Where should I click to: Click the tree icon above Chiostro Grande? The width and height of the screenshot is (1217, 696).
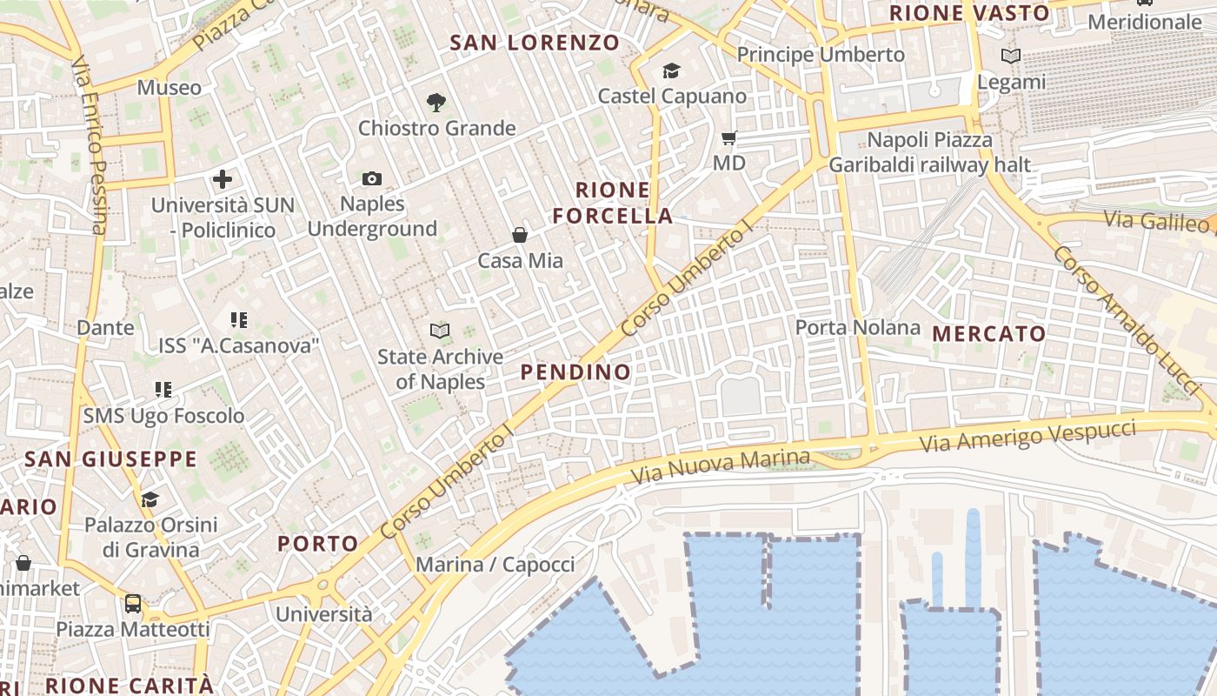click(x=436, y=103)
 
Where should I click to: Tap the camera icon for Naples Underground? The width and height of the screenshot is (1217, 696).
click(x=372, y=178)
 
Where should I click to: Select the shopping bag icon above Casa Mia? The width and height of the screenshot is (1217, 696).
click(x=520, y=235)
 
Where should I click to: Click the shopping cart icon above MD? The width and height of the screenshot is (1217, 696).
click(x=729, y=137)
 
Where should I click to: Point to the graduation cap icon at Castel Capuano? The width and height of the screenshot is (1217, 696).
click(x=671, y=70)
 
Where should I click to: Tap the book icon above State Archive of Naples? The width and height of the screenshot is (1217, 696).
click(x=440, y=331)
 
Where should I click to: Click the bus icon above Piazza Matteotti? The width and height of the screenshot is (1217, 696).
click(x=133, y=603)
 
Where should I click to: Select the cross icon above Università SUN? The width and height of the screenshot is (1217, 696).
click(x=223, y=179)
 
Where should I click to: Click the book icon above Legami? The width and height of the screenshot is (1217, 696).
click(x=1011, y=57)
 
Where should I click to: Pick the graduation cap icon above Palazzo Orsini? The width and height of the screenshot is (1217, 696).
click(x=150, y=499)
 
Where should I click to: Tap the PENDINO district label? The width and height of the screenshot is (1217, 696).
click(x=575, y=372)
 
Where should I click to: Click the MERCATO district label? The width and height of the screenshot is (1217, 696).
click(x=989, y=334)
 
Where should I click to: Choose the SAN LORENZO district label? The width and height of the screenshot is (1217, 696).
click(x=535, y=42)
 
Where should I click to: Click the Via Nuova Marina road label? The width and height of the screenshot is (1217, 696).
click(x=721, y=466)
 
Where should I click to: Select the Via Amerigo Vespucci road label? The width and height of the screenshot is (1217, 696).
click(x=1028, y=435)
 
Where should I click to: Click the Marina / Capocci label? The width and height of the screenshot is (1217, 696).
click(x=495, y=565)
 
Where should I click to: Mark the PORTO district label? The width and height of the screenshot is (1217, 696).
click(x=317, y=544)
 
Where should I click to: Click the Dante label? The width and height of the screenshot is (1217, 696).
click(x=106, y=328)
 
